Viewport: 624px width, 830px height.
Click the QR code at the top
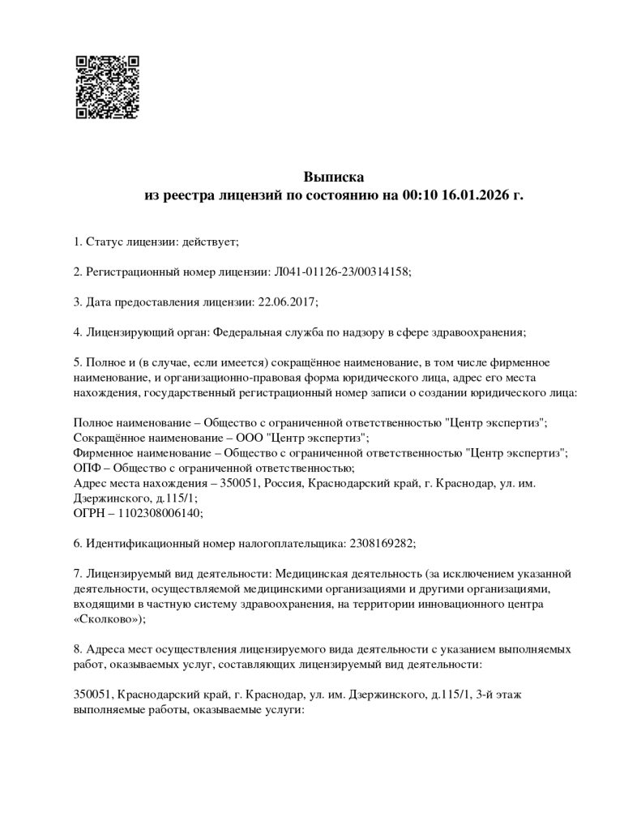click(x=107, y=88)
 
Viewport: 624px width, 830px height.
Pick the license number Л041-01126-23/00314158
click(x=349, y=272)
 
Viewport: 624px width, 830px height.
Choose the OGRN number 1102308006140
click(x=163, y=513)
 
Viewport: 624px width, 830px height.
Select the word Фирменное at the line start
click(x=102, y=452)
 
